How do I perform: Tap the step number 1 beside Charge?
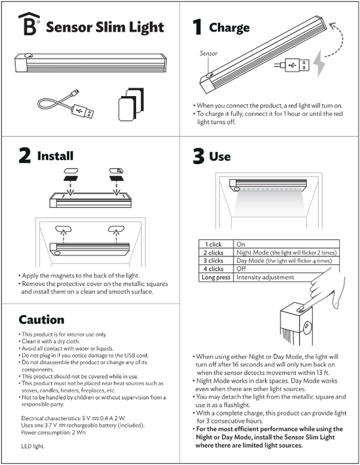pos(196,27)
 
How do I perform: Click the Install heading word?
pos(55,156)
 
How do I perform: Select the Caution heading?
pos(41,320)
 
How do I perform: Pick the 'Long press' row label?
pos(215,277)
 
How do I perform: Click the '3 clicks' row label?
pos(214,260)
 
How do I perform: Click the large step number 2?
pos(24,156)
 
